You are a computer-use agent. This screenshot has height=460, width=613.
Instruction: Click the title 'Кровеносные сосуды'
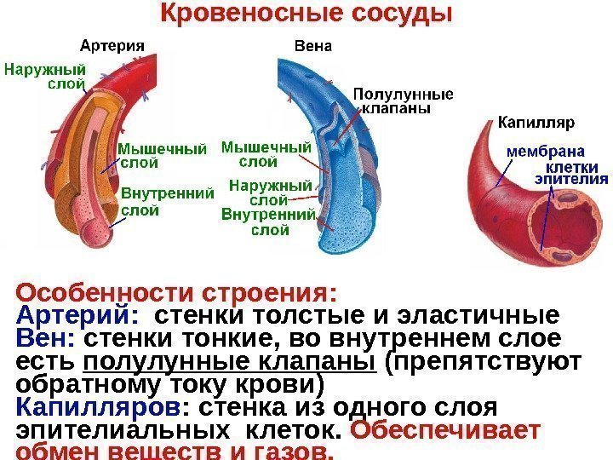pyautogui.click(x=306, y=14)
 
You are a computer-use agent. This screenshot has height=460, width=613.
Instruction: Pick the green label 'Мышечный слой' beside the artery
pyautogui.click(x=162, y=155)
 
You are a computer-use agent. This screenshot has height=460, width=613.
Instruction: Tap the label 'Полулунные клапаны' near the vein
pyautogui.click(x=403, y=101)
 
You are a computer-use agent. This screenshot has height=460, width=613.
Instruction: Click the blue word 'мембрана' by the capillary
pyautogui.click(x=540, y=150)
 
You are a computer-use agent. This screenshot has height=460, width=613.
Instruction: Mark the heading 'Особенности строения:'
pyautogui.click(x=177, y=292)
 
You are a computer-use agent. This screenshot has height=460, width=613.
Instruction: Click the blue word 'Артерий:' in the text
pyautogui.click(x=76, y=315)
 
